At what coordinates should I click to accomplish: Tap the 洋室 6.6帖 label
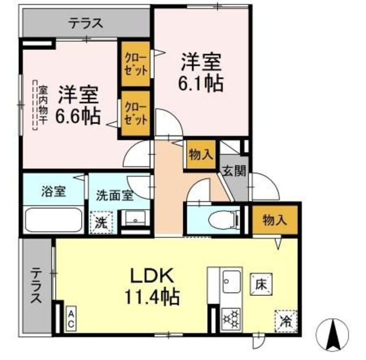[78, 105]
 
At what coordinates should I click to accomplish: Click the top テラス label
[86, 23]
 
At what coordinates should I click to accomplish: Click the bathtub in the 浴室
[55, 220]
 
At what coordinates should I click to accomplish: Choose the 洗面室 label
[115, 195]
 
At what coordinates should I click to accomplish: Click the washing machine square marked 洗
[101, 221]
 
